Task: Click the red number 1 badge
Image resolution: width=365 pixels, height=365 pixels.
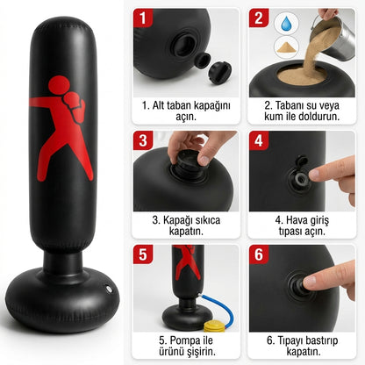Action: [143, 18]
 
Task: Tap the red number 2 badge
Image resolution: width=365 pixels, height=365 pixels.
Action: [259, 18]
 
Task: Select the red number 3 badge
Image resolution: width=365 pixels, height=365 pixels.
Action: [143, 140]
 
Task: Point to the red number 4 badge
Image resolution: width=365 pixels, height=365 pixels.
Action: [259, 140]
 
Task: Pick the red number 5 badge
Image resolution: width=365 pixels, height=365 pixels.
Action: [143, 254]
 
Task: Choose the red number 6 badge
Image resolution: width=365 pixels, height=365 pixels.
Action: [259, 254]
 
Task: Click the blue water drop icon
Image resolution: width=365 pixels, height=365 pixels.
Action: [287, 24]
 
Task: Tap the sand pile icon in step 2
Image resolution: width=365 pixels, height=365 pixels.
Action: [287, 47]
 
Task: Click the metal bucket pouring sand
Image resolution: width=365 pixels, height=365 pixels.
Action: [336, 37]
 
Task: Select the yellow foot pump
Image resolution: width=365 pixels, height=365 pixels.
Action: [215, 326]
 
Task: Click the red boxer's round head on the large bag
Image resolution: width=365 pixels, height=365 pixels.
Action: [59, 85]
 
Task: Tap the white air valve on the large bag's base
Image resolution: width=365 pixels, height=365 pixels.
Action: [109, 289]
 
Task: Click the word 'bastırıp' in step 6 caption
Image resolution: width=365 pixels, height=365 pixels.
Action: [320, 340]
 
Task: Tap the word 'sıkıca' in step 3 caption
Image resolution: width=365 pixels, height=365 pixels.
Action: [206, 220]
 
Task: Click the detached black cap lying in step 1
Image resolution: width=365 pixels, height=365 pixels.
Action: [219, 72]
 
